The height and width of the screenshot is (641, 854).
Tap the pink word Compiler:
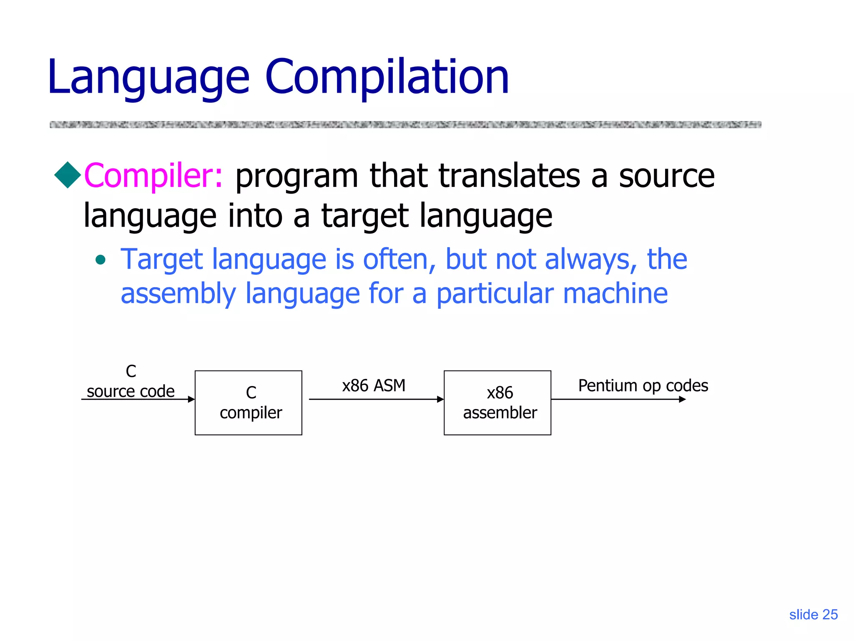click(x=153, y=176)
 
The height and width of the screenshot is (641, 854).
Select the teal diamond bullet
click(x=68, y=175)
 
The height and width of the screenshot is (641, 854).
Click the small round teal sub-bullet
click(x=100, y=260)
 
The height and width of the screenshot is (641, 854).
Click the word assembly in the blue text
click(x=178, y=294)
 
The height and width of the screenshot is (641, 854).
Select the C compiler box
click(x=249, y=403)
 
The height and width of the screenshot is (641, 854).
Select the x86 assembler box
click(x=497, y=403)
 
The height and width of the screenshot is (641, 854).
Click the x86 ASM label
click(x=374, y=386)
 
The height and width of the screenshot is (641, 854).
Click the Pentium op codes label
click(x=643, y=386)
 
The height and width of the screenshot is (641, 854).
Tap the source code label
click(x=131, y=391)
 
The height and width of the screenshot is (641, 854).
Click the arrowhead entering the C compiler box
click(x=191, y=399)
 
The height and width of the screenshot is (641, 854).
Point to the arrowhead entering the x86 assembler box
click(x=440, y=399)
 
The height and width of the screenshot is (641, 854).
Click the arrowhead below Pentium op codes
click(x=682, y=399)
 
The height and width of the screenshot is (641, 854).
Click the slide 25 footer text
click(x=813, y=615)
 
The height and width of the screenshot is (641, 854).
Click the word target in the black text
click(x=365, y=216)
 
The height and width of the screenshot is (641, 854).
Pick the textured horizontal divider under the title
click(x=405, y=124)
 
